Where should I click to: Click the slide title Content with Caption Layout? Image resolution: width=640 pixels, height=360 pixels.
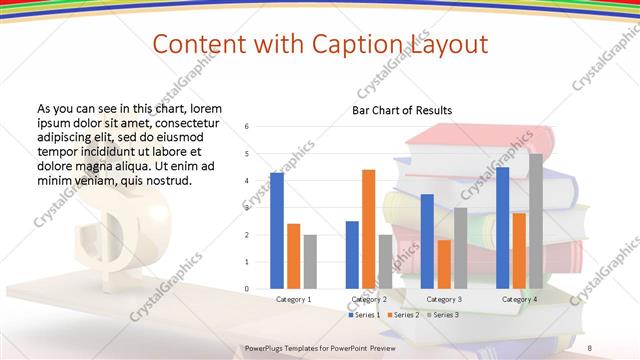point(320,44)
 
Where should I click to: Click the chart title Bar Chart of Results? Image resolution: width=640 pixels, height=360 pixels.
point(402,110)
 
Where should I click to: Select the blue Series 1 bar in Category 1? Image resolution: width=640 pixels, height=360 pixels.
point(277,231)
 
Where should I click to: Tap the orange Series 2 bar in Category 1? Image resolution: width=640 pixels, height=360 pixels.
point(293,256)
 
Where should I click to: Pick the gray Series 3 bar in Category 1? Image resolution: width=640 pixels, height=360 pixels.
point(310,262)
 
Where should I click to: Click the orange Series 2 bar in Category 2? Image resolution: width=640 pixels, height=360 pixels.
point(368,229)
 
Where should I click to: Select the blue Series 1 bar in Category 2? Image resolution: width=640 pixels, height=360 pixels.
point(352,255)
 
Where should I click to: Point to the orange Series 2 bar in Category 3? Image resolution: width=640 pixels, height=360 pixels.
point(443,264)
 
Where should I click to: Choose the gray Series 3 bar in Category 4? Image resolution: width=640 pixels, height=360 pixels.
point(535,221)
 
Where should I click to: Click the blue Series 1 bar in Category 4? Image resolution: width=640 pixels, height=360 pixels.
point(502,228)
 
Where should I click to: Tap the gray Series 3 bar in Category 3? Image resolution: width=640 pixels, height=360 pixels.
point(460,248)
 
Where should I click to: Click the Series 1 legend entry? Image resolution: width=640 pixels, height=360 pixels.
point(365,315)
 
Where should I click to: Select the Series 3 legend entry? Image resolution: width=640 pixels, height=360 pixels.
point(443,315)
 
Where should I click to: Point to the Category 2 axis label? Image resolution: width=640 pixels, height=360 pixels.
point(368,299)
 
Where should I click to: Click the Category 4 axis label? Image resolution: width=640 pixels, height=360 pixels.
point(518,299)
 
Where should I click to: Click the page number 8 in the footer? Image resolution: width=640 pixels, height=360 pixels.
point(590,347)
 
